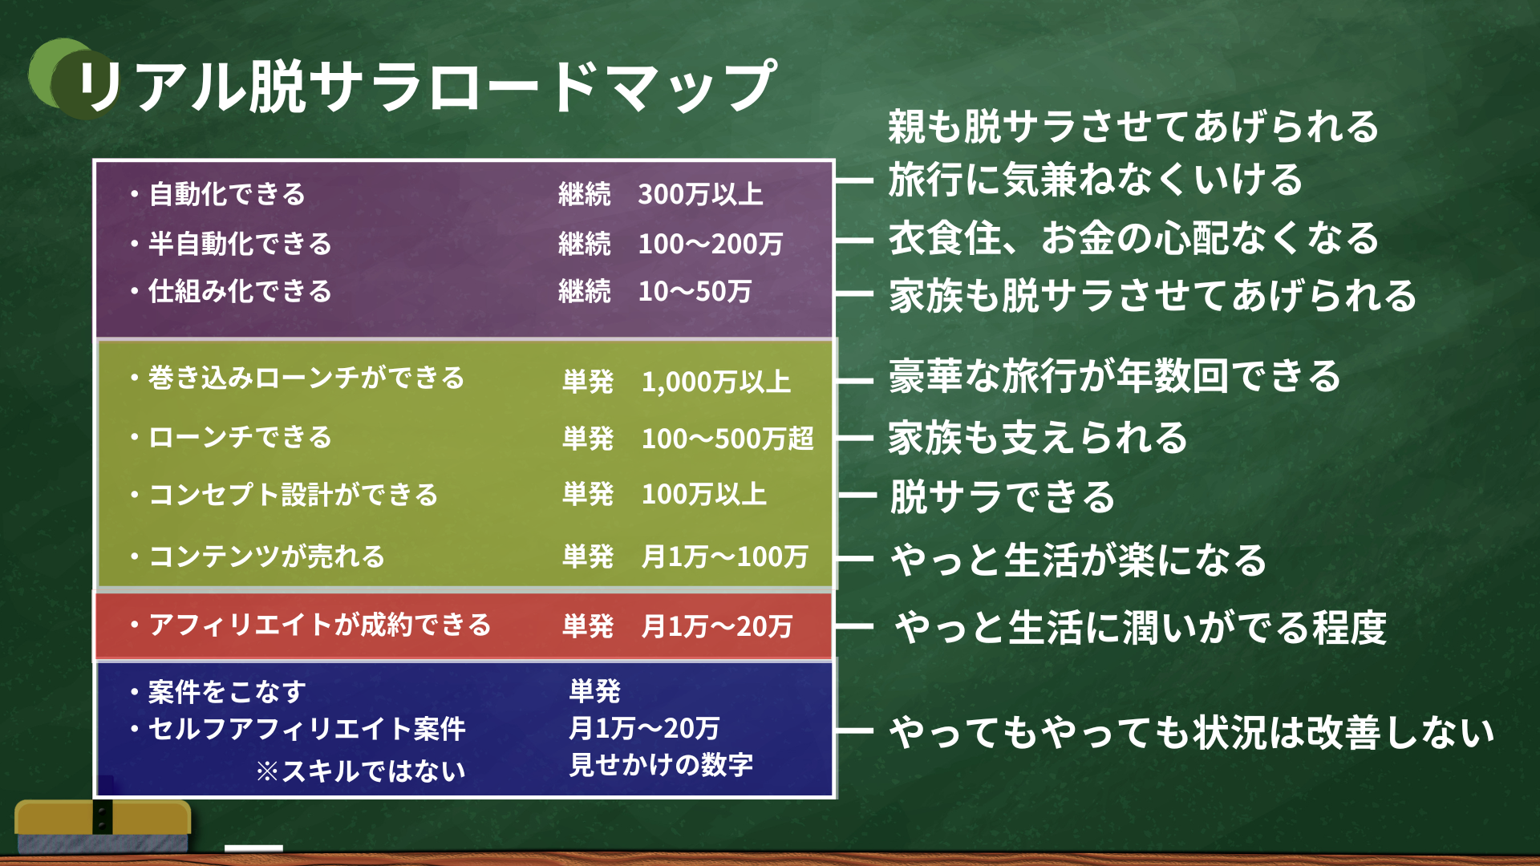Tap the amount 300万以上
[700, 194]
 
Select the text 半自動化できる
[240, 244]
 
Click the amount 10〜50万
[695, 291]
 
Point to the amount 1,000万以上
[715, 382]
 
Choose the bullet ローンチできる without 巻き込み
[240, 437]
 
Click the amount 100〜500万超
[727, 439]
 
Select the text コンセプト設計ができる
[294, 495]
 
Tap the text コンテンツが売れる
[266, 556]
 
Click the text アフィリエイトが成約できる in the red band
[320, 625]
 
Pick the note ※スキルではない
[361, 771]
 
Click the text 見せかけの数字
[661, 764]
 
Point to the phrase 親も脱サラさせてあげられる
[1133, 127]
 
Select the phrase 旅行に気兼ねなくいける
[1096, 179]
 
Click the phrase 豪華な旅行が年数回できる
[1115, 376]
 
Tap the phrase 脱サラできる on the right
[1003, 496]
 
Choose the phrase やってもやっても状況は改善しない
[1192, 732]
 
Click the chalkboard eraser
[103, 826]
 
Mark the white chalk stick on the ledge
[253, 848]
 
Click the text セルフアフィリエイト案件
[307, 729]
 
